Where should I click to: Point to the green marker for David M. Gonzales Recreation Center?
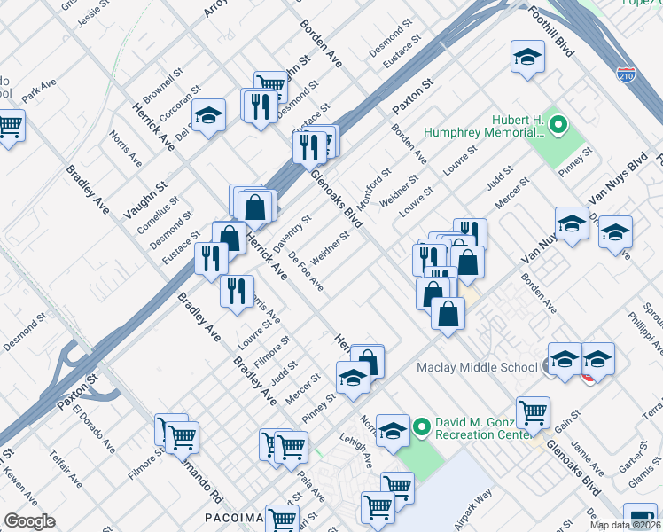421,427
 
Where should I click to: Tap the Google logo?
29,520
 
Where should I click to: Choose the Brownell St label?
163,81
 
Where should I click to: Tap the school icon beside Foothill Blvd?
528,59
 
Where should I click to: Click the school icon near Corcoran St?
209,115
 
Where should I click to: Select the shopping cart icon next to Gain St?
533,411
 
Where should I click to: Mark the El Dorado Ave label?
95,428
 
